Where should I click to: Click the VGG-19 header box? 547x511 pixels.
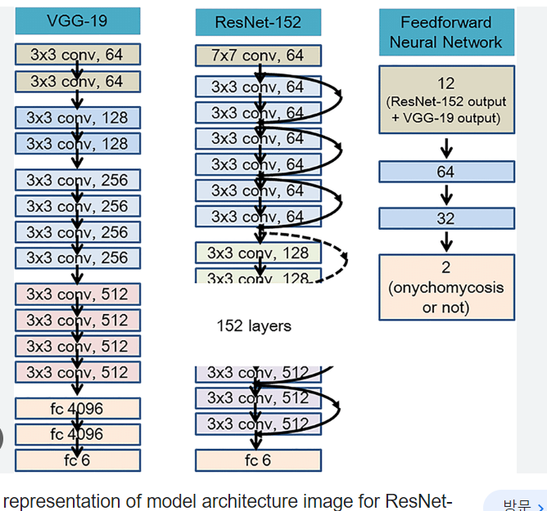click(78, 21)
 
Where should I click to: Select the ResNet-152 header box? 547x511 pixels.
click(258, 22)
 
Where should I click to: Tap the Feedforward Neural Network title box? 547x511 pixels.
click(446, 33)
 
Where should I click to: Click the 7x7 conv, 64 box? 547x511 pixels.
click(258, 56)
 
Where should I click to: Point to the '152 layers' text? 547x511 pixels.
click(253, 325)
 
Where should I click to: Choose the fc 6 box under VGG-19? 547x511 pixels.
click(78, 460)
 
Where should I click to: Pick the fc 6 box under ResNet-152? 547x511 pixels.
click(258, 460)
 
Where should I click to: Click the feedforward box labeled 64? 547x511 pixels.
click(446, 172)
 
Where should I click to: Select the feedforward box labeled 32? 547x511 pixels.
click(446, 218)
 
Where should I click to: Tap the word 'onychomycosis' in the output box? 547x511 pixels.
click(446, 288)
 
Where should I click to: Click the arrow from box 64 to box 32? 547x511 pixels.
click(446, 195)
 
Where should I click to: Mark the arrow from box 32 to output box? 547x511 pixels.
click(446, 241)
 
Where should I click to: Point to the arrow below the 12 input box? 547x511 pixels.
click(446, 147)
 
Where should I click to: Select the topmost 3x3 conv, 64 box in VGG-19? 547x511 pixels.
click(78, 55)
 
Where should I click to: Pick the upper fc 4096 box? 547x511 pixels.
click(78, 408)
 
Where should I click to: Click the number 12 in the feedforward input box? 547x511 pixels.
click(446, 83)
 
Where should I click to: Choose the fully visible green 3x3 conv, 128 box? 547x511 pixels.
click(258, 253)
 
